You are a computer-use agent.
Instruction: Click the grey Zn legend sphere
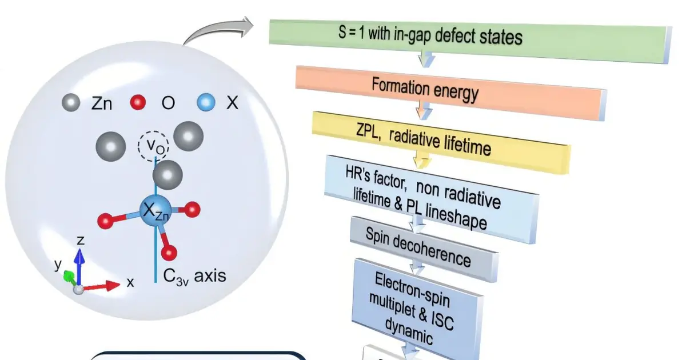pos(71,102)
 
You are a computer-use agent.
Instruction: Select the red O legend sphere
pos(138,102)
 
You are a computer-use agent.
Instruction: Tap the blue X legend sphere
pos(206,102)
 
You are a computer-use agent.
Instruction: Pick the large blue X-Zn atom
pos(156,211)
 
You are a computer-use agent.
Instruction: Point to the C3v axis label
pos(195,276)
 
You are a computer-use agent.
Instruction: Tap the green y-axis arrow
pos(70,277)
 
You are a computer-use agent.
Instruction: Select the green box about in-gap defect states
pos(470,41)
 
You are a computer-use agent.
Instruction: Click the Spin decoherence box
pos(424,249)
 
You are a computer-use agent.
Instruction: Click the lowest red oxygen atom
pos(169,253)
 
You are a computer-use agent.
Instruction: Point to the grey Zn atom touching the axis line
pos(167,175)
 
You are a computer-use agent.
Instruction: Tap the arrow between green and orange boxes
pos(426,59)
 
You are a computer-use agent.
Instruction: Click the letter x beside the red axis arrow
pos(130,282)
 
